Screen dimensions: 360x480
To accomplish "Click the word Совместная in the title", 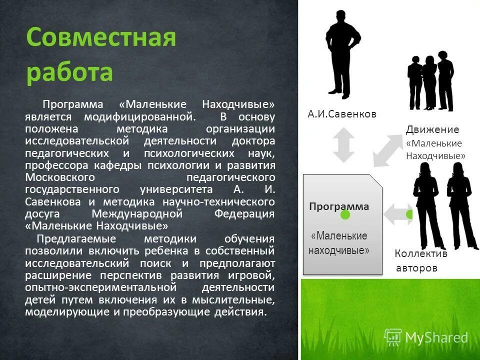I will click(101, 38).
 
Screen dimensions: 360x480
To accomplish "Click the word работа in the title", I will click(70, 72).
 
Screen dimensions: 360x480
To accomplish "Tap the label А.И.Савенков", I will click(342, 114).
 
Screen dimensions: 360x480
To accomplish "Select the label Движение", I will click(432, 129).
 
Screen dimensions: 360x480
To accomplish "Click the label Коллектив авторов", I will click(420, 260).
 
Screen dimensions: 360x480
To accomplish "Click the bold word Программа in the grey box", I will click(339, 206).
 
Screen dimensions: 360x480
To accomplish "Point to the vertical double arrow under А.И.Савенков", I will click(343, 144).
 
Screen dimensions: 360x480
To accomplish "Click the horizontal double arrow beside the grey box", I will click(397, 214).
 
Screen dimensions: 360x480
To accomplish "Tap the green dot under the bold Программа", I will click(345, 215).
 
